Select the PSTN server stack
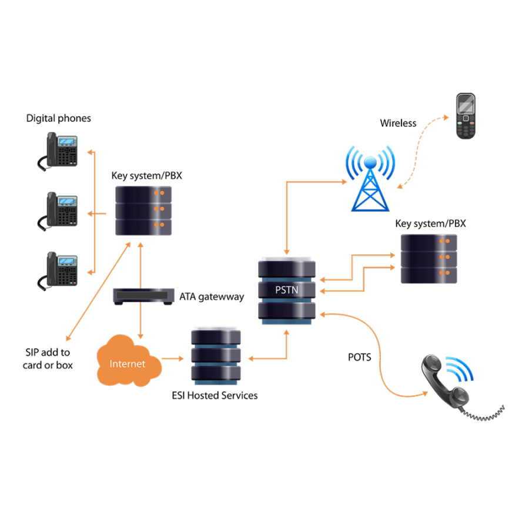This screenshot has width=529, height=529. (x=287, y=290)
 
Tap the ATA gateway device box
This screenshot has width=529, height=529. (x=144, y=296)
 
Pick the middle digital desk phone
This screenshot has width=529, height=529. (x=60, y=210)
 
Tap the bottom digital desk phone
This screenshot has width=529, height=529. (x=60, y=270)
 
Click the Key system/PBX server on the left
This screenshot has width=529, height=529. (x=143, y=210)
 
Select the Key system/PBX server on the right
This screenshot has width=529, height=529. (x=428, y=259)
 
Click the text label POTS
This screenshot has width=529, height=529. (x=359, y=357)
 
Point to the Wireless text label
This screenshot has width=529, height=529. (x=398, y=123)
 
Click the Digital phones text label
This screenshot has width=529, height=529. (x=59, y=118)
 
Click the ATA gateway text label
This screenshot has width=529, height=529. (x=211, y=297)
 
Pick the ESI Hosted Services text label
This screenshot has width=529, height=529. (x=215, y=396)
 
